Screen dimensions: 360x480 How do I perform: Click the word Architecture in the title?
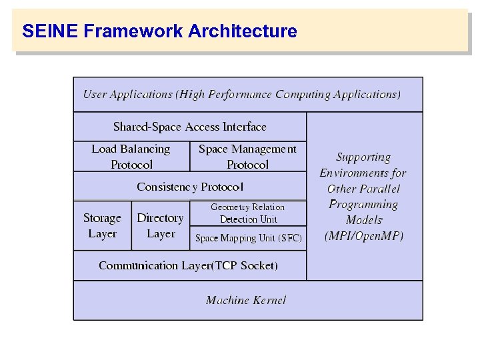click(x=243, y=31)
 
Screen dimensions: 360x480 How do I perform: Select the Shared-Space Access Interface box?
click(x=189, y=127)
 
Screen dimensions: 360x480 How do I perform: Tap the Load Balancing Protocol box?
click(x=131, y=157)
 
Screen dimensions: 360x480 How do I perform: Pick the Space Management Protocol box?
click(x=247, y=157)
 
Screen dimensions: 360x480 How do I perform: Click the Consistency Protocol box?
click(x=189, y=187)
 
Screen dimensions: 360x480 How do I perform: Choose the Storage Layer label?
click(x=102, y=226)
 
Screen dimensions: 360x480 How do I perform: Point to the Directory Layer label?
click(x=160, y=226)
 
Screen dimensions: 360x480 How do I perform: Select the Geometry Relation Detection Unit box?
click(x=247, y=213)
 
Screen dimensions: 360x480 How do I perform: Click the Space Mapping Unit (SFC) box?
click(x=248, y=238)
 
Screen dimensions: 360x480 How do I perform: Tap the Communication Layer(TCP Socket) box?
click(x=188, y=265)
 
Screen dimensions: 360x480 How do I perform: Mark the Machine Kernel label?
click(x=246, y=300)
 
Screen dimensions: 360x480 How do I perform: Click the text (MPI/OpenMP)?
click(x=364, y=235)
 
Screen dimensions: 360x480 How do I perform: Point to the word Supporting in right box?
click(x=363, y=157)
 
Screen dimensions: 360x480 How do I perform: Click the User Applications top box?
click(x=241, y=95)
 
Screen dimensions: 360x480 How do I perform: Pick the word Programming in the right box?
click(x=363, y=204)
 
